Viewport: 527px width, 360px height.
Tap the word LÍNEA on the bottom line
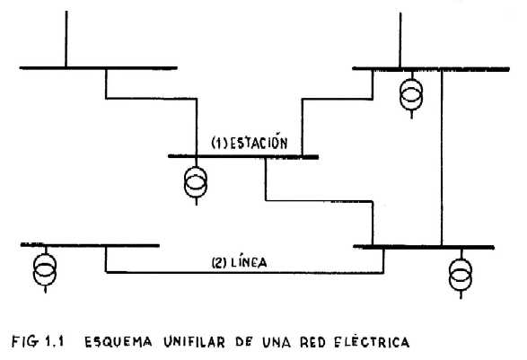[x=250, y=262]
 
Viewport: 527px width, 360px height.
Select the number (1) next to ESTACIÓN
[x=219, y=144]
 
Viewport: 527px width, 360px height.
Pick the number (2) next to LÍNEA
[x=219, y=262]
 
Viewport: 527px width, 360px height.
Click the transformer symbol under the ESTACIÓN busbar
[x=196, y=182]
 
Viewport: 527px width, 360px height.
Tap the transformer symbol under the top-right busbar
[x=411, y=95]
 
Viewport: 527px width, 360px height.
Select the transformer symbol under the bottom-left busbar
[x=45, y=269]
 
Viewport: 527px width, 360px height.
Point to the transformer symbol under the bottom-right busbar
[x=461, y=275]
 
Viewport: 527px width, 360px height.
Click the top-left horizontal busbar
[x=98, y=68]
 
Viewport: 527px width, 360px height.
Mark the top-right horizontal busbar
[x=431, y=69]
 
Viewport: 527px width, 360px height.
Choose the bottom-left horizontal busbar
[x=90, y=245]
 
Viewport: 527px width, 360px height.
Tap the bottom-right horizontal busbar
[x=424, y=247]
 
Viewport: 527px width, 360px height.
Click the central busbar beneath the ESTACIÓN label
[x=243, y=156]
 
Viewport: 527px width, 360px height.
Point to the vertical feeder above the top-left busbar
[x=66, y=39]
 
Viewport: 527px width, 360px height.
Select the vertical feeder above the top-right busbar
[x=400, y=40]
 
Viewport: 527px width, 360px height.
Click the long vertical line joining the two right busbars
[x=442, y=158]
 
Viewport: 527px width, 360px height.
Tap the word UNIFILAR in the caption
[x=194, y=342]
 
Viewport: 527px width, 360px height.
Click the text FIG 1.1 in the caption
[x=38, y=341]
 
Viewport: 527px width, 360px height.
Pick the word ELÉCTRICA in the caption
[x=372, y=342]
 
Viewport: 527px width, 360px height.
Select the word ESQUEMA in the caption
[x=118, y=342]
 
